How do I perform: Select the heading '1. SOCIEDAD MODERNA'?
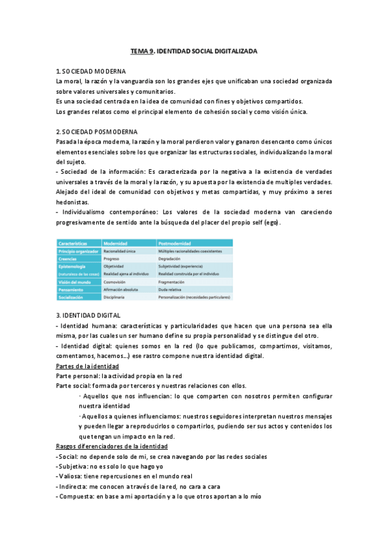(91, 70)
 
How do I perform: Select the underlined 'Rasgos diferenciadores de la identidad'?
(112, 447)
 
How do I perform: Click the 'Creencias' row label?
(70, 258)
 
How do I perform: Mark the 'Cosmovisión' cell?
(116, 282)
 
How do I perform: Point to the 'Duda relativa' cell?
(172, 290)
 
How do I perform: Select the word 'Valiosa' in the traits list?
(70, 476)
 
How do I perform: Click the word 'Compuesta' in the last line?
(76, 496)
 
